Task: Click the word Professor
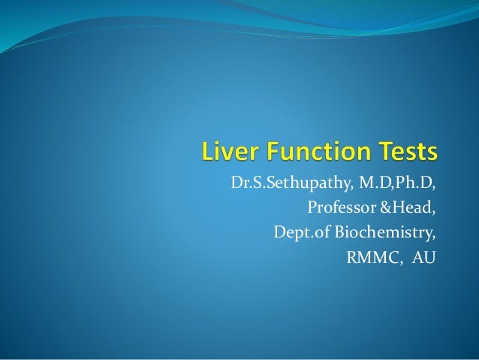(x=336, y=207)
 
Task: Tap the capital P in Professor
(x=312, y=207)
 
